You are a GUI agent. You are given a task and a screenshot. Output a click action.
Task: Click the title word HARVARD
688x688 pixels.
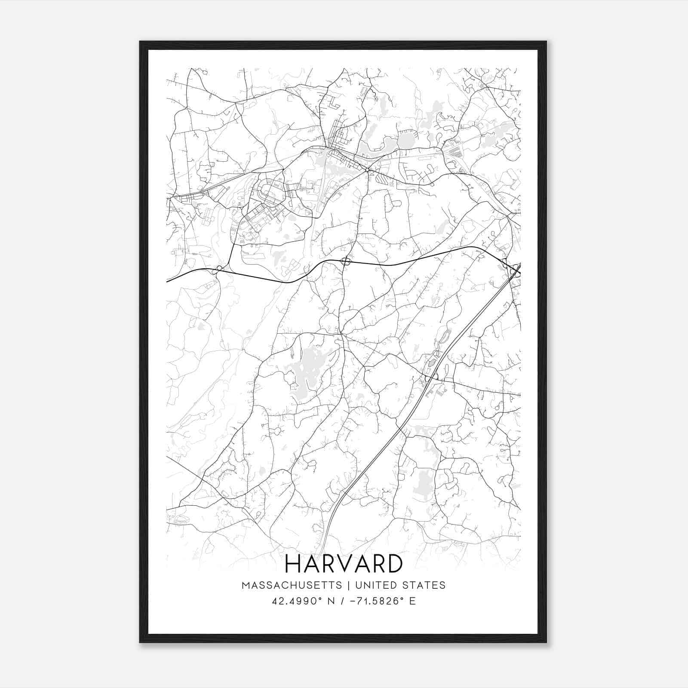(x=344, y=564)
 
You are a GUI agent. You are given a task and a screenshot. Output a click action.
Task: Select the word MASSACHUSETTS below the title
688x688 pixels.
(x=292, y=585)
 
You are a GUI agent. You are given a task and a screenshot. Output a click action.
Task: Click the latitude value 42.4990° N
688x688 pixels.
(x=303, y=601)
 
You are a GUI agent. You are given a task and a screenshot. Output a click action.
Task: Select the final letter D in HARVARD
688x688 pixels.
(x=393, y=564)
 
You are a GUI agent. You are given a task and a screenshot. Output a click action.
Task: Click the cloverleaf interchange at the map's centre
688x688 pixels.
(x=345, y=261)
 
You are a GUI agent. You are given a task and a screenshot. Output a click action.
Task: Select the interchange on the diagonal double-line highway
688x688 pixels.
(x=431, y=378)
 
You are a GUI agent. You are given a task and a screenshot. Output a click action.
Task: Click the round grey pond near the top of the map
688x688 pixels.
(x=405, y=140)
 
